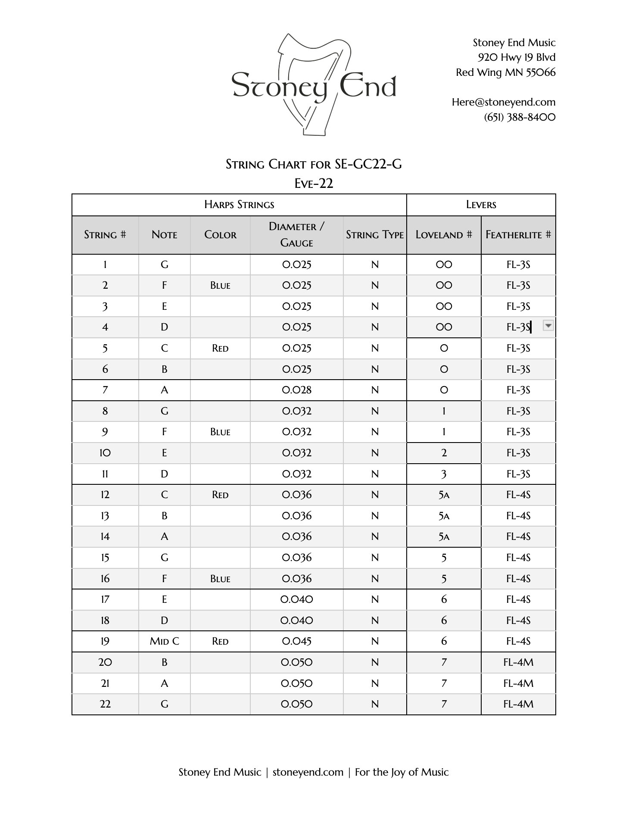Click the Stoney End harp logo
tap(314, 85)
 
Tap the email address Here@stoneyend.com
tap(503, 102)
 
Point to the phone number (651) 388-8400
tap(520, 117)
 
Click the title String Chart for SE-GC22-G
tap(314, 164)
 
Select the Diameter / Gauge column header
tap(296, 234)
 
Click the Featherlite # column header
tap(518, 235)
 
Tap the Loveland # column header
tap(443, 235)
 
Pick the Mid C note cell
tap(164, 641)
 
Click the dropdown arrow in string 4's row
tap(548, 326)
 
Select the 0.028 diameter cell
tap(296, 390)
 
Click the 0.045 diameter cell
tap(296, 641)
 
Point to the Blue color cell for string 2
tap(220, 285)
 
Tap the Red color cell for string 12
tap(220, 495)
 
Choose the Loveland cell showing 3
tap(444, 474)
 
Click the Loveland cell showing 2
tap(444, 453)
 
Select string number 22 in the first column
tap(105, 704)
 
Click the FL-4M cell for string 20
tap(518, 662)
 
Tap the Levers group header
tap(481, 205)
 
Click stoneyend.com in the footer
tap(308, 772)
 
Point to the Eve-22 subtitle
tap(314, 184)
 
